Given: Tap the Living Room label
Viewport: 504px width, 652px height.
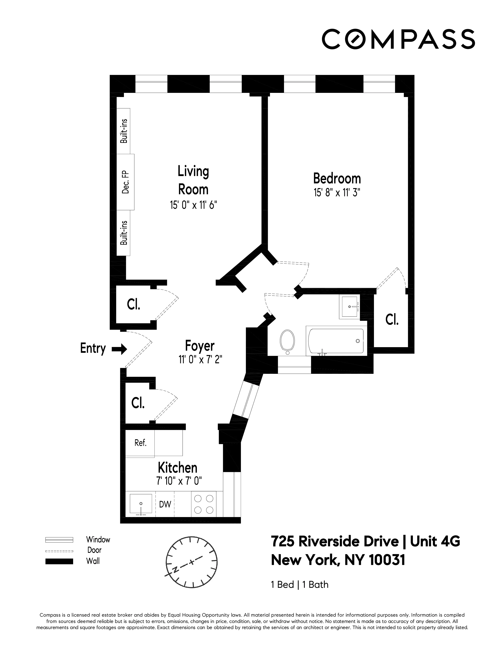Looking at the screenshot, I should [193, 180].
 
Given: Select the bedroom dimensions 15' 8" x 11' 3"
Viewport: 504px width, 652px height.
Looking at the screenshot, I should [337, 193].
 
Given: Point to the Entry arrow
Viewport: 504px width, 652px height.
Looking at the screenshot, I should [119, 349].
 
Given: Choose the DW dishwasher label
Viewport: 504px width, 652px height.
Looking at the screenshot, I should [165, 504].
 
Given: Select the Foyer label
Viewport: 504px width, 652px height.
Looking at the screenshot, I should [199, 346].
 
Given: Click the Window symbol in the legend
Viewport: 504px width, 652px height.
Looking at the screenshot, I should [59, 539].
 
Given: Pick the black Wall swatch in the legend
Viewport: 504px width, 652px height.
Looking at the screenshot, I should [59, 561].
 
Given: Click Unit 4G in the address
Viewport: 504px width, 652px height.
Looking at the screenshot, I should [435, 541].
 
